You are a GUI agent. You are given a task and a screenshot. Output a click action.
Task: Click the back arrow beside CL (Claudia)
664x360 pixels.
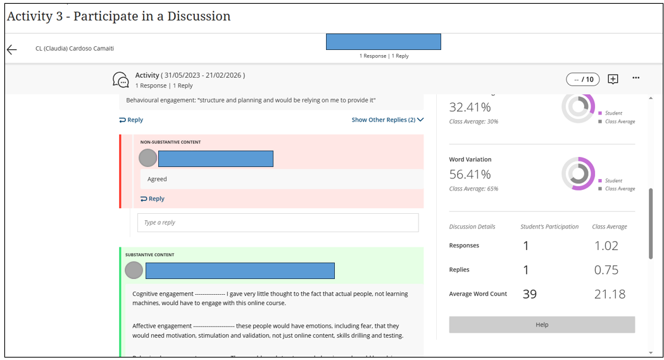tap(12, 49)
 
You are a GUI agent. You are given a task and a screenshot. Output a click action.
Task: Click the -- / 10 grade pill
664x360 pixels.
tap(583, 79)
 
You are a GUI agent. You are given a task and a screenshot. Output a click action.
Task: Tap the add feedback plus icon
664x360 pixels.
tap(613, 79)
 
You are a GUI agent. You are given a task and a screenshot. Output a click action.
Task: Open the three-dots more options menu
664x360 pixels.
tap(636, 78)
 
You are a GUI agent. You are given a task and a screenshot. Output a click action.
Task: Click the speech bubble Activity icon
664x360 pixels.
tap(120, 80)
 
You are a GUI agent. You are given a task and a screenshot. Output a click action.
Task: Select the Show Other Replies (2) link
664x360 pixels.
tap(387, 120)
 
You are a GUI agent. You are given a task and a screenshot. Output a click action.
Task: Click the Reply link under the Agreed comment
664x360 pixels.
tap(153, 199)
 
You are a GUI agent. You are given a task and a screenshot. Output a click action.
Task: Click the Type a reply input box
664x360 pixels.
tap(278, 223)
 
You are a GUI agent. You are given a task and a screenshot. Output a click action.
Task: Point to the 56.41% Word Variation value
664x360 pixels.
tap(470, 174)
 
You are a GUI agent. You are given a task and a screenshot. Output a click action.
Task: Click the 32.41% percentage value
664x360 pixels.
tap(470, 107)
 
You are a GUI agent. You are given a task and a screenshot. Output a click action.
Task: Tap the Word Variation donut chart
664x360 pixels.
tap(578, 173)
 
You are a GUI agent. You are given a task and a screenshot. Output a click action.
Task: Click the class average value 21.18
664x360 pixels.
tap(610, 294)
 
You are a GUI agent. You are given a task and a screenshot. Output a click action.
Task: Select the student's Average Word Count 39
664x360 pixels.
tap(530, 294)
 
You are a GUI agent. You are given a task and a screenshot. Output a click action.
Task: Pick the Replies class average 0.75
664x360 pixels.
tap(606, 270)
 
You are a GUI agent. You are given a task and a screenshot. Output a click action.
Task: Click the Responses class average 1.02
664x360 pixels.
tap(606, 246)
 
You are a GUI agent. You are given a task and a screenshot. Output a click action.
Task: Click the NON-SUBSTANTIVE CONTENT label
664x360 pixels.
tap(170, 142)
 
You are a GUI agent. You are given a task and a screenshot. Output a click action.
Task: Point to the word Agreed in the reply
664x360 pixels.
tap(157, 179)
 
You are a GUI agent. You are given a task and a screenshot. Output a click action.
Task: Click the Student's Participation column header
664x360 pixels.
tap(549, 227)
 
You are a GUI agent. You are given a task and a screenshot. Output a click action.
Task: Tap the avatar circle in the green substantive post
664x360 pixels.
tap(134, 271)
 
